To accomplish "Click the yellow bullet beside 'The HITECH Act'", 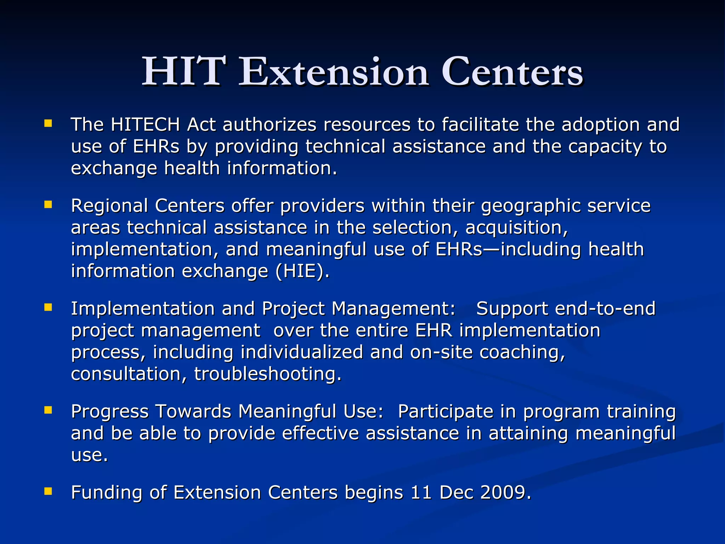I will (48, 123).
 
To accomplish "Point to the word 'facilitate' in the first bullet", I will (480, 125).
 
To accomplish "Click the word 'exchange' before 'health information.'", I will (114, 168).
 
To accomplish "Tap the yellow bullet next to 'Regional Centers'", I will (48, 204).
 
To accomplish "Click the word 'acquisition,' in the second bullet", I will (516, 228).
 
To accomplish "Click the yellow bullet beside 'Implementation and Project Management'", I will (48, 307).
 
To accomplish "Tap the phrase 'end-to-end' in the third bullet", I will (605, 309).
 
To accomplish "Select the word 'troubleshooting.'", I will (268, 374).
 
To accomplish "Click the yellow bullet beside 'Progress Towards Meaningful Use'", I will (48, 410).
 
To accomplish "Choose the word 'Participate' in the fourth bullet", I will (446, 412).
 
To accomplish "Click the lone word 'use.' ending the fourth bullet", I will (89, 455).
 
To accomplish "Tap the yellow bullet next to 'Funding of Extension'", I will (48, 491).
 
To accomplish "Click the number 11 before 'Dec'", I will (421, 493).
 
